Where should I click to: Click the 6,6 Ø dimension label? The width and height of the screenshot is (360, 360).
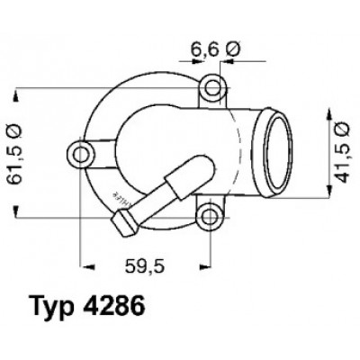click(x=215, y=49)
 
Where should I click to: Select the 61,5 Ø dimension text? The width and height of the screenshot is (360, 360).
click(x=14, y=154)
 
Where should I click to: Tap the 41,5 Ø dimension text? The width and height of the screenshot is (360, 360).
click(x=341, y=153)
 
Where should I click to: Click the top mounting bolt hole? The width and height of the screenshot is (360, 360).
click(x=213, y=88)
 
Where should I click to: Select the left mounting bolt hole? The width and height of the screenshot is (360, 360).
click(x=81, y=155)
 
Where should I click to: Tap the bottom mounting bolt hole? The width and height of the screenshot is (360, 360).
click(x=209, y=217)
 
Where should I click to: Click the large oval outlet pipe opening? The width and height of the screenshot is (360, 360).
click(x=279, y=153)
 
